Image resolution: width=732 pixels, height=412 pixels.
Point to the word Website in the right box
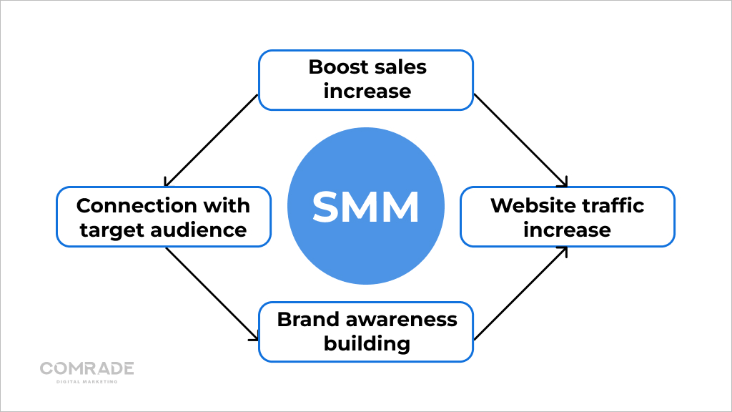pos(528,206)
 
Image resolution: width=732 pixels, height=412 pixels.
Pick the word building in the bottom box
pos(367,343)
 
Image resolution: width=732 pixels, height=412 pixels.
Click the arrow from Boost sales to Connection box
pos(211,139)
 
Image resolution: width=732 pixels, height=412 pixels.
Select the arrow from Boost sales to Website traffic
pos(520,139)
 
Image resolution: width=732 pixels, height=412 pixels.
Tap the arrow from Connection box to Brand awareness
pos(211,293)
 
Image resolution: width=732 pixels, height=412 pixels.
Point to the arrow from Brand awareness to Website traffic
pos(520,293)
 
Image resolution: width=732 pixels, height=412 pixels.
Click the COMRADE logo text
pos(86,368)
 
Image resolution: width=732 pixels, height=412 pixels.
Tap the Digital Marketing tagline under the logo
pos(86,381)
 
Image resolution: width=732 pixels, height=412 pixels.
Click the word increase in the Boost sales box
pos(367,92)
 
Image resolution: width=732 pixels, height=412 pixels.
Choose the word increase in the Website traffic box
pos(567,230)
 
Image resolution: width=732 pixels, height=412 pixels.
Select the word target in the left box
pos(108,230)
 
